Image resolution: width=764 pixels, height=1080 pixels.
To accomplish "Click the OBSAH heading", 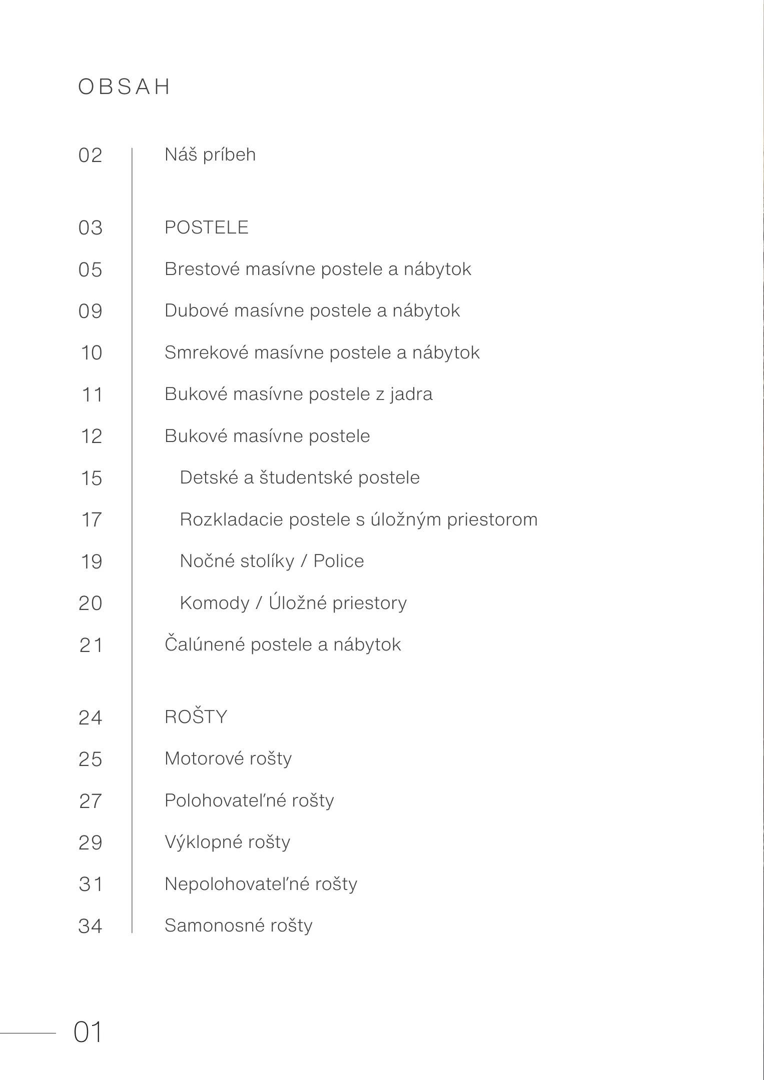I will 124,87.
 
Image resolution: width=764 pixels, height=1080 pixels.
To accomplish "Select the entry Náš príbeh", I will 210,154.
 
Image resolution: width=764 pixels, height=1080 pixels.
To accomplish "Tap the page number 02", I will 91,155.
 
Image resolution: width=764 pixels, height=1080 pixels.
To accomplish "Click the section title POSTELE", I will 206,227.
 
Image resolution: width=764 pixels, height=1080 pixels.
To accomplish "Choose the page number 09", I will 91,311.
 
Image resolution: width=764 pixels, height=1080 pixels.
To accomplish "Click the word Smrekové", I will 206,352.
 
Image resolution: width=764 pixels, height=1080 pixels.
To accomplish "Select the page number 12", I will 92,436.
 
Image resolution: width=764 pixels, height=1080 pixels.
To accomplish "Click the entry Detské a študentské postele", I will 300,477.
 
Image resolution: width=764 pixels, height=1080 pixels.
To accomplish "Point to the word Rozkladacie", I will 231,519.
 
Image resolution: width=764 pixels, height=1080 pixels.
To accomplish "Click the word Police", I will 339,561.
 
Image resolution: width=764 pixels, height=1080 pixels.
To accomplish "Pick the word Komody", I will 215,603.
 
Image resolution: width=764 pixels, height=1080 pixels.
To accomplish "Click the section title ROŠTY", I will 196,717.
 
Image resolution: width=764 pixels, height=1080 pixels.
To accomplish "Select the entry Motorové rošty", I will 228,758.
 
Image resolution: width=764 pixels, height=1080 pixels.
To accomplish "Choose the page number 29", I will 91,843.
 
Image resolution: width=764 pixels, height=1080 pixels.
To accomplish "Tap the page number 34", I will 91,926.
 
